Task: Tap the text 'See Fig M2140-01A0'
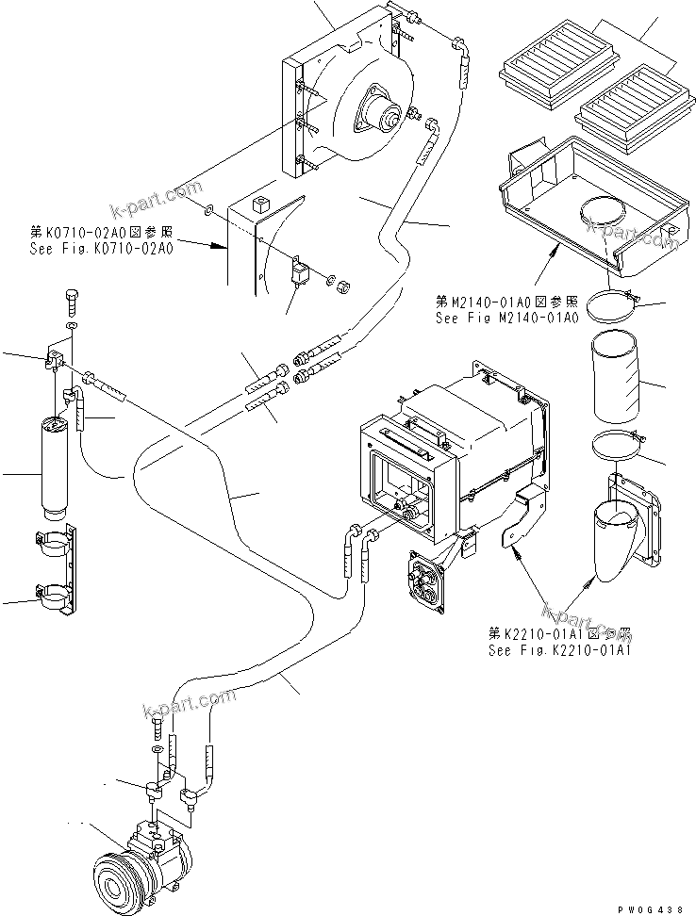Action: [505, 319]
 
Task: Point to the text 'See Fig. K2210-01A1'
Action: [559, 649]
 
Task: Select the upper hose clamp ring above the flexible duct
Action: [613, 303]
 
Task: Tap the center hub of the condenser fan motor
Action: [386, 119]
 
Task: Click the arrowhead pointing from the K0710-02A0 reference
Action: [224, 247]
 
